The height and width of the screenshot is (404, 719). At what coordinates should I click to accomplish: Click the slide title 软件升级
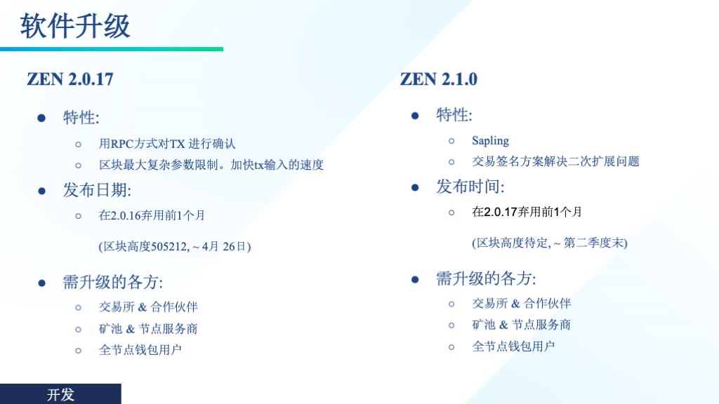[x=75, y=26]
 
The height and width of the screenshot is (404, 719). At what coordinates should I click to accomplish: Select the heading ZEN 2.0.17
[x=70, y=79]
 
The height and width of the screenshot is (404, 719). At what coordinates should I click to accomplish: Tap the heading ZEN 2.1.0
[x=438, y=79]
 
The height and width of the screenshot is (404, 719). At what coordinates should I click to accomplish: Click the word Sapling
[x=490, y=140]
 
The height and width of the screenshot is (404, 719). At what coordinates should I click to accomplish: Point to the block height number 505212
[x=169, y=246]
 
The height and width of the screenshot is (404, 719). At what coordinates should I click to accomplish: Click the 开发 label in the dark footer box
[x=60, y=394]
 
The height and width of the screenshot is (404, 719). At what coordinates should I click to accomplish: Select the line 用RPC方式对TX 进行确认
[x=167, y=144]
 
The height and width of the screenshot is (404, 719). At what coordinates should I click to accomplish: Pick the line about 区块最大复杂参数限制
[x=211, y=164]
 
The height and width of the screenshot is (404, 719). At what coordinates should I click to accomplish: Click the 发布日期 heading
[x=97, y=190]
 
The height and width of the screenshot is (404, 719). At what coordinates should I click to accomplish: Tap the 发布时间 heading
[x=470, y=187]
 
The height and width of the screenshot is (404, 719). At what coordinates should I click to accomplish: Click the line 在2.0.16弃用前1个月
[x=152, y=215]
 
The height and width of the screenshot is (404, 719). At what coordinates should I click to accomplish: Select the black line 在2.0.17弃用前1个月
[x=527, y=212]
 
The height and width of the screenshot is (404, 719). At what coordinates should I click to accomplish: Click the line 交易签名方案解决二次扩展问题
[x=555, y=161]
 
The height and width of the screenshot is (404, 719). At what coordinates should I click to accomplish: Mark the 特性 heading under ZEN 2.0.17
[x=81, y=118]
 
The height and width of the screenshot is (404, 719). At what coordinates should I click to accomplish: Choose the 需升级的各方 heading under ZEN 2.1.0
[x=486, y=278]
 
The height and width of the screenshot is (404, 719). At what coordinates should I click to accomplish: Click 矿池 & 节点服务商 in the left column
[x=148, y=328]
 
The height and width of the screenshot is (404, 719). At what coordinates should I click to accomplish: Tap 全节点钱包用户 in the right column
[x=513, y=346]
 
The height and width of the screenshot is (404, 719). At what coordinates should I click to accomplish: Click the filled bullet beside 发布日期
[x=41, y=191]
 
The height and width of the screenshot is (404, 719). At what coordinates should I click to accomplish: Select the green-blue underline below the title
[x=112, y=49]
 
